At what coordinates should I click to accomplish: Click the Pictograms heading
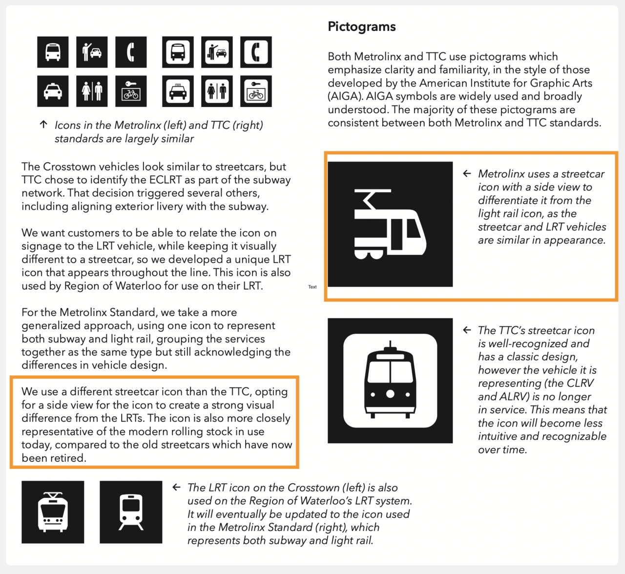click(x=361, y=27)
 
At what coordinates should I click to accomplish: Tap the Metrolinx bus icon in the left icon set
click(x=53, y=52)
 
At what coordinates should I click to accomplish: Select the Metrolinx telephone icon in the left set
click(x=131, y=52)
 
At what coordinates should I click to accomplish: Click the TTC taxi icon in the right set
click(x=178, y=91)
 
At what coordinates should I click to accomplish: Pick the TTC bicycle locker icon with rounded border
click(x=256, y=91)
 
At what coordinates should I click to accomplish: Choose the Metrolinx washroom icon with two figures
click(x=92, y=91)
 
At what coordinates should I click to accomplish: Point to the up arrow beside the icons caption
click(x=43, y=125)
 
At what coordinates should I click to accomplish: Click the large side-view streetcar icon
click(x=390, y=224)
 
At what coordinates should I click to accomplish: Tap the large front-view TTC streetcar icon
click(x=390, y=381)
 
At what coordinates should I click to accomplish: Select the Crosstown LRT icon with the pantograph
click(x=53, y=512)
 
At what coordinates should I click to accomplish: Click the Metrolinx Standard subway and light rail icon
click(x=131, y=512)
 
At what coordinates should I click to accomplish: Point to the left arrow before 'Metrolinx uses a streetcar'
click(x=467, y=173)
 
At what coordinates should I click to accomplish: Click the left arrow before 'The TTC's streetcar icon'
click(x=467, y=330)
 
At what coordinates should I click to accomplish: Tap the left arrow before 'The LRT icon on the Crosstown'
click(x=177, y=487)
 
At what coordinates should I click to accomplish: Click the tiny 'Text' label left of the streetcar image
click(x=312, y=287)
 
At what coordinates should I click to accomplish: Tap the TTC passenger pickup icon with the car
click(x=217, y=52)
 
